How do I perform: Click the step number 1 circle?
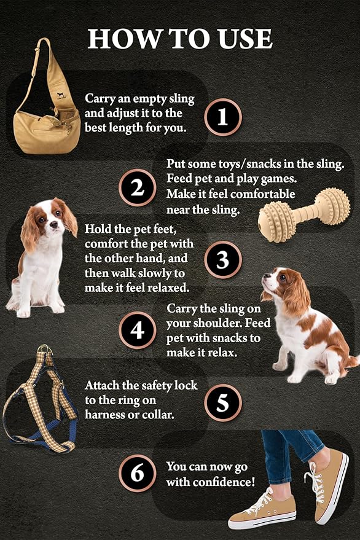pos(223,117)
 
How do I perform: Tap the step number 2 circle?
pos(138,188)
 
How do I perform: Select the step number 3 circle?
pos(223,260)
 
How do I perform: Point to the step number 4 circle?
pos(138,331)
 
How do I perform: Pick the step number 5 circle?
pos(223,402)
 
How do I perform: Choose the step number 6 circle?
pos(138,473)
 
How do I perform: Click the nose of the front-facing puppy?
pos(53,225)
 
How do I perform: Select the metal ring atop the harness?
pos(45,351)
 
